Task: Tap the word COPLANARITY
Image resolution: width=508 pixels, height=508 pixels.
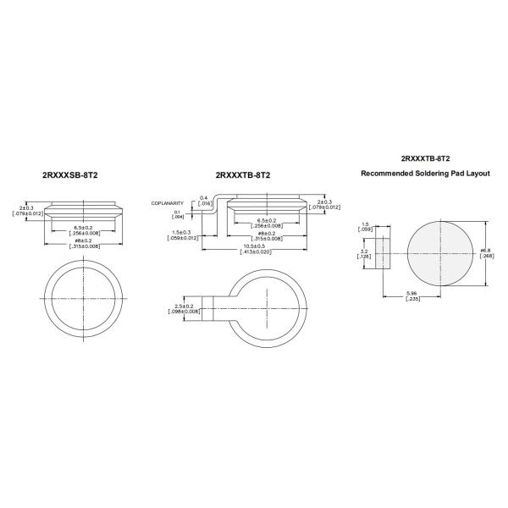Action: [167, 203]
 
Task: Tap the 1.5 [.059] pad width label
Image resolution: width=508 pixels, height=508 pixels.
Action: [364, 226]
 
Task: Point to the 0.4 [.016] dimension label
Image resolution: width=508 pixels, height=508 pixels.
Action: [204, 201]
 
